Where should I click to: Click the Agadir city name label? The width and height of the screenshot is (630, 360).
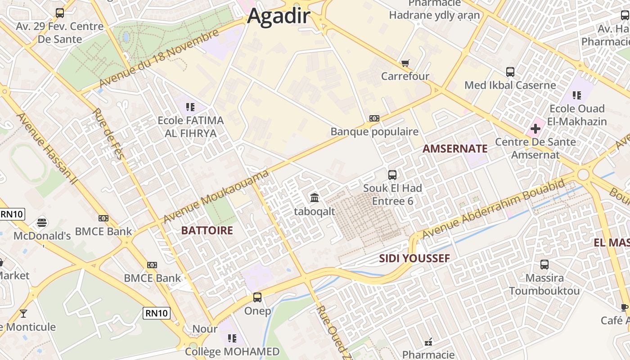pos(279,16)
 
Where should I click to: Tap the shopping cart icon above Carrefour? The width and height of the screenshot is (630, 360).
pos(405,63)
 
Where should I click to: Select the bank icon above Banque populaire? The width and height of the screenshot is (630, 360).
pos(374,118)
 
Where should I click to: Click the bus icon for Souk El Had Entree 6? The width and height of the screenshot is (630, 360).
pos(392,175)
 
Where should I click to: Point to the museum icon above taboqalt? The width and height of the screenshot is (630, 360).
pos(315,198)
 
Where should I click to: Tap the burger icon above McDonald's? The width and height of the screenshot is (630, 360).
pos(42,222)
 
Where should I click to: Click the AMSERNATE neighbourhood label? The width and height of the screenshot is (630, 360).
pos(455,149)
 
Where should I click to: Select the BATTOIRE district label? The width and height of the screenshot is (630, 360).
pos(207,231)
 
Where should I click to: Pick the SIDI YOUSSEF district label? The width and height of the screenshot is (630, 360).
pos(414,258)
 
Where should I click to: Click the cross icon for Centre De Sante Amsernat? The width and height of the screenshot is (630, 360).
pos(535,129)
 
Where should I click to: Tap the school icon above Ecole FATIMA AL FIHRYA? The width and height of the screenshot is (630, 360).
pos(190,107)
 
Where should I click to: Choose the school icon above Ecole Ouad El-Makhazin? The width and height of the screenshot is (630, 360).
pos(577,95)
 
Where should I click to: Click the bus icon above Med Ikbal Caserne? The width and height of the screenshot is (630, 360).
pos(510,72)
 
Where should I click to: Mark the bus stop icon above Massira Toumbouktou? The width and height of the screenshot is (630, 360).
pos(544,265)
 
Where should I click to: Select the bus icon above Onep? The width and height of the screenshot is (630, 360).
pos(257,297)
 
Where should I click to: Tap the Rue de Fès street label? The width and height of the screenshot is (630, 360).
pos(108,134)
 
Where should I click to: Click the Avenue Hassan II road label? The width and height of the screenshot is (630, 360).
pos(46,148)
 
